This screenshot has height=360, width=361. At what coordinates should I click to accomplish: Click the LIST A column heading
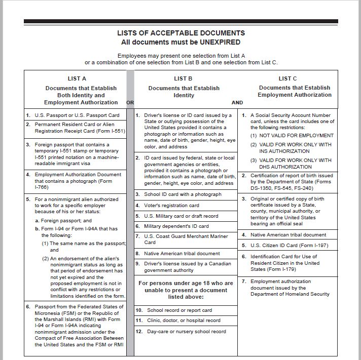pyautogui.click(x=77, y=78)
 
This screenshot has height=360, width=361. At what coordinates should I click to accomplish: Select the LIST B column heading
pyautogui.click(x=183, y=78)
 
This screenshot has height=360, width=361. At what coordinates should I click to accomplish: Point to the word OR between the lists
pyautogui.click(x=130, y=102)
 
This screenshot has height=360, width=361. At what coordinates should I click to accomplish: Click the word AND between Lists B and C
pyautogui.click(x=237, y=102)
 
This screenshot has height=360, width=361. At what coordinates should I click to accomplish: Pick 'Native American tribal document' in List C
pyautogui.click(x=288, y=235)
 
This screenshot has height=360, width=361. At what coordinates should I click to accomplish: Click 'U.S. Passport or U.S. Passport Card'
pyautogui.click(x=77, y=115)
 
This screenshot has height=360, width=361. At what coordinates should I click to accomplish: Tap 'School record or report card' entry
pyautogui.click(x=179, y=310)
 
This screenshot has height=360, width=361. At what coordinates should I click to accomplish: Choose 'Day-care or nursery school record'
pyautogui.click(x=187, y=331)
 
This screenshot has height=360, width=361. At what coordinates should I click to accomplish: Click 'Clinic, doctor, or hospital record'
pyautogui.click(x=184, y=321)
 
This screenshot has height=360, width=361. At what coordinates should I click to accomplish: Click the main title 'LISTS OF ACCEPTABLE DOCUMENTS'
pyautogui.click(x=181, y=33)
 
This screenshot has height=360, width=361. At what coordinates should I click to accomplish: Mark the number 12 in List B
pyautogui.click(x=138, y=331)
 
